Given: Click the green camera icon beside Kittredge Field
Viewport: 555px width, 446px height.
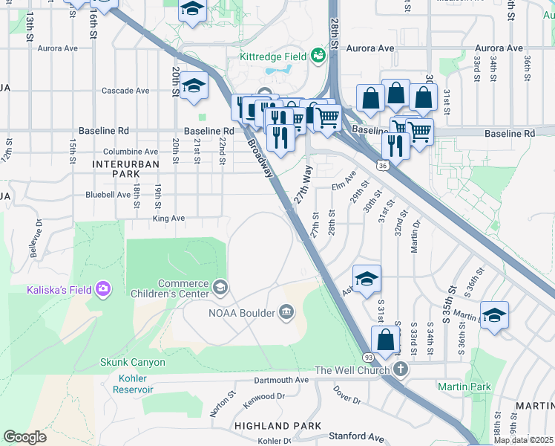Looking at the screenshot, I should (318, 56).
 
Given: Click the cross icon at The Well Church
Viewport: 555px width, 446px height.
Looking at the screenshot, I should (401, 369).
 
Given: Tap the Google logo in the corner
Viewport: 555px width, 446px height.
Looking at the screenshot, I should (24, 437).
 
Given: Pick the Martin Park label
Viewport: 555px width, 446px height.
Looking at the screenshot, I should (464, 387).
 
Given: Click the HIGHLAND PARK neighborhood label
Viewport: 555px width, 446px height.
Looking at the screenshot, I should (277, 426).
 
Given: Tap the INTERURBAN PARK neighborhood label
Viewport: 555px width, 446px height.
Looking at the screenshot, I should (115, 168).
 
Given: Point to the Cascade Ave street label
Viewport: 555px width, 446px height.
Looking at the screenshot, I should (125, 91).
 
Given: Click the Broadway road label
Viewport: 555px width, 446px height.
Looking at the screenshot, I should (260, 158).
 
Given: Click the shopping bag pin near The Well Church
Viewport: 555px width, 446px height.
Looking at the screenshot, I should (386, 340).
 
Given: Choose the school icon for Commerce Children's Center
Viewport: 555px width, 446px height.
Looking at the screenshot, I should (220, 287).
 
